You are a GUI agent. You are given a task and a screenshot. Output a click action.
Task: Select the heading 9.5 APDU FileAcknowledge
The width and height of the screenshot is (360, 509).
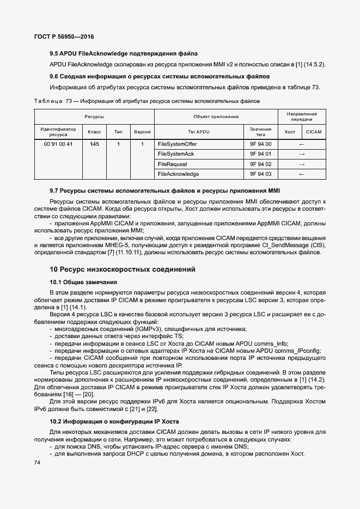click(x=123, y=54)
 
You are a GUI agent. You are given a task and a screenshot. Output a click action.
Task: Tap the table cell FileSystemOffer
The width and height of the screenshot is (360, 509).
click(x=177, y=144)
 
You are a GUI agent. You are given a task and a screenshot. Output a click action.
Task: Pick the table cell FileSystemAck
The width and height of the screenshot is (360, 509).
click(x=175, y=154)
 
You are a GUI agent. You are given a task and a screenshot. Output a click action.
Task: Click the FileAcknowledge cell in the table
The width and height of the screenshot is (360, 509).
click(x=178, y=174)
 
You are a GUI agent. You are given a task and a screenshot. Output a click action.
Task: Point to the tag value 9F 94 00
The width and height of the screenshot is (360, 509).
click(x=260, y=144)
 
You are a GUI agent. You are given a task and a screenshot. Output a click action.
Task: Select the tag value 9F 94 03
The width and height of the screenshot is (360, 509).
click(x=260, y=174)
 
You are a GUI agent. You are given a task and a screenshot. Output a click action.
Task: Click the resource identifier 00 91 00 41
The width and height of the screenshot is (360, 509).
click(x=58, y=144)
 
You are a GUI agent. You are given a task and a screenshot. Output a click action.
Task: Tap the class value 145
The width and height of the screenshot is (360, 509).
click(x=94, y=144)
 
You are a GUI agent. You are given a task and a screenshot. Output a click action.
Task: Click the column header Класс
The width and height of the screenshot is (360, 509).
click(x=94, y=132)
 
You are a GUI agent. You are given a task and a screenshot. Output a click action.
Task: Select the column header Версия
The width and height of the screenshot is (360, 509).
click(x=142, y=132)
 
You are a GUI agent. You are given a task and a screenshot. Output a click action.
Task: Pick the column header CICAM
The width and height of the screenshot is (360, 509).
click(x=314, y=132)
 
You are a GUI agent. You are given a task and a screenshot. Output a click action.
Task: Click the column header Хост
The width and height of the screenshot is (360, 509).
click(x=290, y=132)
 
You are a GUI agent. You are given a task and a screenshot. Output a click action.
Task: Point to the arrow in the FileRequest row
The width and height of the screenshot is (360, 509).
click(x=302, y=164)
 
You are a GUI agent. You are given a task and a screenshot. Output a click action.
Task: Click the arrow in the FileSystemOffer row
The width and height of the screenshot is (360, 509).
click(x=302, y=144)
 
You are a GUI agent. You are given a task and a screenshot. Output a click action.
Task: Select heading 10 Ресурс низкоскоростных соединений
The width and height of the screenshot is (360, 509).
click(x=123, y=269)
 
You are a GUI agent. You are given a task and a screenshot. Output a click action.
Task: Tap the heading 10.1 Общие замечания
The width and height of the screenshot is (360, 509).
click(x=83, y=282)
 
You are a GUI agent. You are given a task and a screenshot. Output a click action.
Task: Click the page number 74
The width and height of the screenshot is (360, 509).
click(x=38, y=463)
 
